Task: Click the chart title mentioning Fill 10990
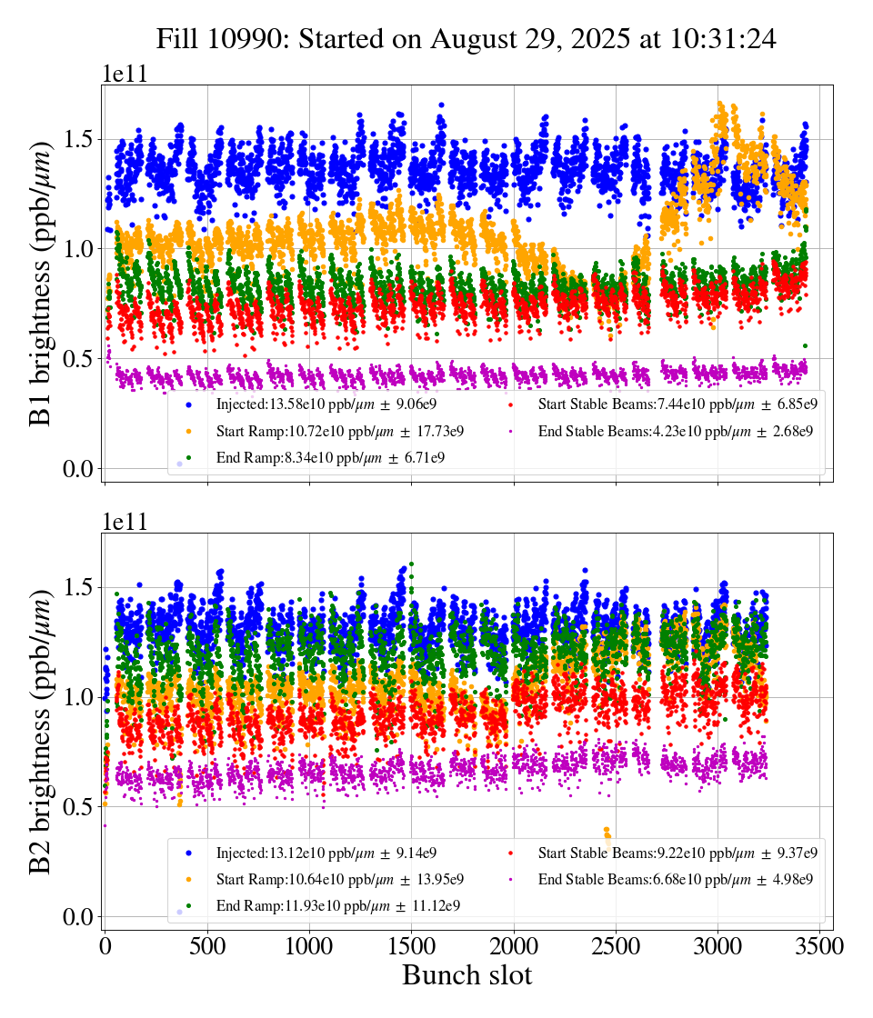(x=466, y=39)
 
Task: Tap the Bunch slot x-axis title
(x=467, y=975)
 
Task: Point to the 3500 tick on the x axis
(x=820, y=946)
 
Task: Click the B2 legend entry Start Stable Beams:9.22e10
(x=677, y=853)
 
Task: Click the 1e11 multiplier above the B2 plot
(x=124, y=523)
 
